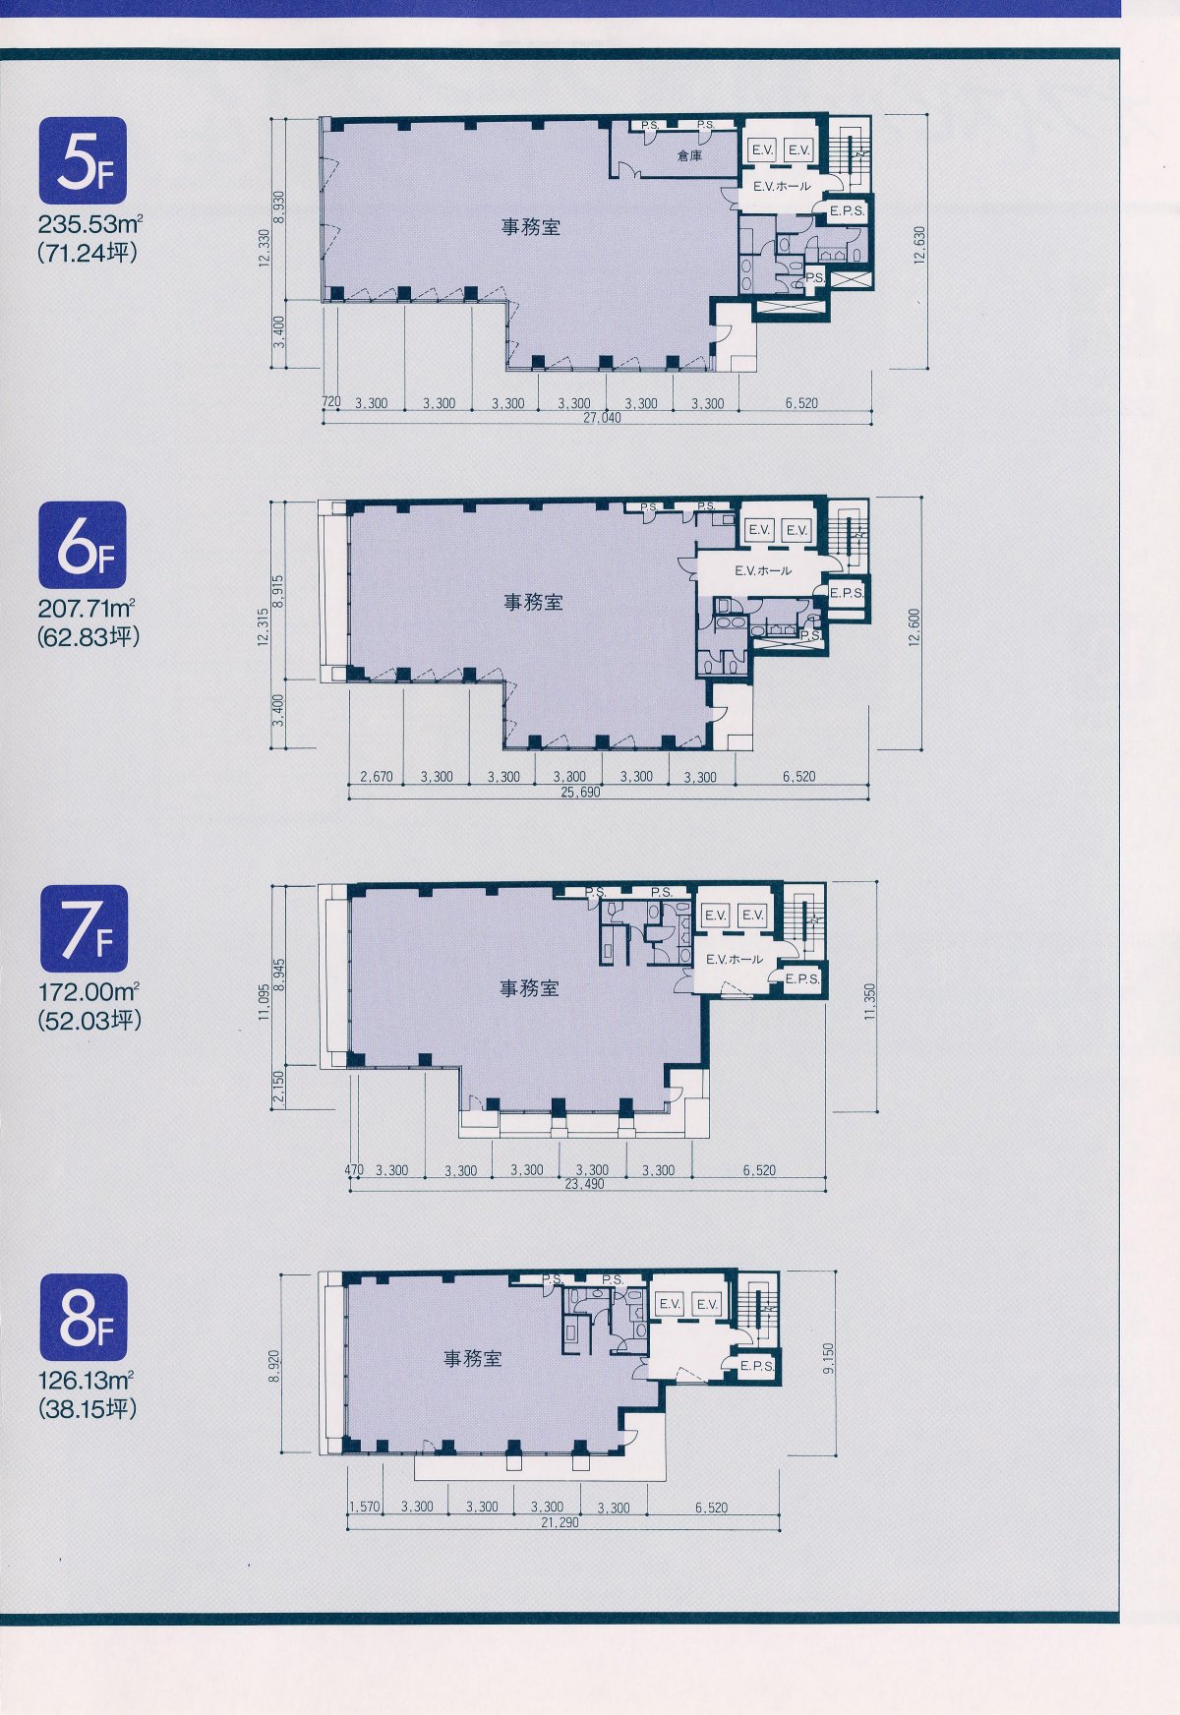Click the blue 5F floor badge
84,159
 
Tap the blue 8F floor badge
84,1318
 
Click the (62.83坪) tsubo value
88,636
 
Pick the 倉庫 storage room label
689,155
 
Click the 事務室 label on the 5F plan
531,227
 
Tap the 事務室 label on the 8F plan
473,1359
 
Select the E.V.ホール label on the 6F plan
762,570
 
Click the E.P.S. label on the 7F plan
802,978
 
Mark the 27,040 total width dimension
603,417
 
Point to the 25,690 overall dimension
580,791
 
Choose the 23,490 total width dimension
584,1184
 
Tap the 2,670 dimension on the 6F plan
377,777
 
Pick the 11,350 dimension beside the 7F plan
869,1003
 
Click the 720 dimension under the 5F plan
331,403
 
